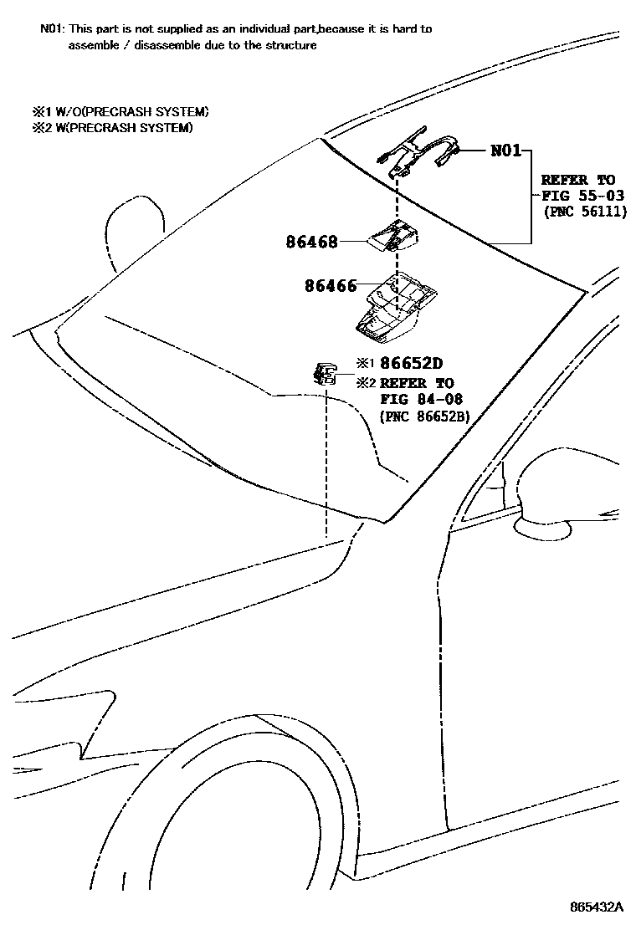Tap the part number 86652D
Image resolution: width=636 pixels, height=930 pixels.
tap(410, 363)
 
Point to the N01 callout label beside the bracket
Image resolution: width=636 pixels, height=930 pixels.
tap(505, 151)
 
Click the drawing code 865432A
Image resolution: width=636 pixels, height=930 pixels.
tap(598, 907)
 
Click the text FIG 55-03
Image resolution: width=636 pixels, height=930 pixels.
tap(578, 195)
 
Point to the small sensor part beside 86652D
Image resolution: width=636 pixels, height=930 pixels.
tap(323, 373)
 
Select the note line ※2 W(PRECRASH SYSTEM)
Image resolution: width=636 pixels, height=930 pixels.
tap(113, 127)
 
